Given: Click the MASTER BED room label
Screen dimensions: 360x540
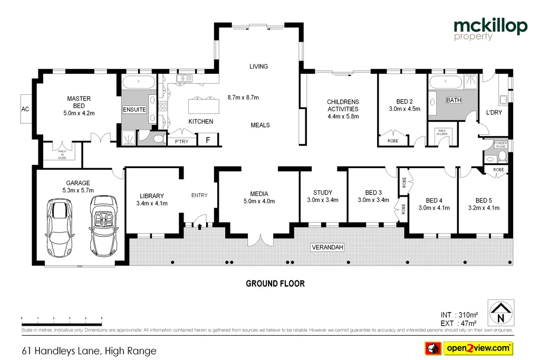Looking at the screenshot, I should tap(79, 105).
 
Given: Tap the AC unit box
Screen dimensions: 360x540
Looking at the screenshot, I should tap(25, 110).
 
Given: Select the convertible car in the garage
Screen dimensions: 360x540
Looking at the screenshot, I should tap(101, 224).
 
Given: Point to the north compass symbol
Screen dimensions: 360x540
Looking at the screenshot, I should tap(499, 313).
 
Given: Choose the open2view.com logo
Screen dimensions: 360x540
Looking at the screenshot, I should tap(468, 348).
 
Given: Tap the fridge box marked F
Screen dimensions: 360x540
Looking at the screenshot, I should tap(208, 141).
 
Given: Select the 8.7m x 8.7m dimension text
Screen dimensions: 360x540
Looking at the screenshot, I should tap(243, 98).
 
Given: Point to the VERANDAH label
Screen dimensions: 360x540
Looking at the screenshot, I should tap(326, 247).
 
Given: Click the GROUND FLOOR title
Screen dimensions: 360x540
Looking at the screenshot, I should tap(275, 284).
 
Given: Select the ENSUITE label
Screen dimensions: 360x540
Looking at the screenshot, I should tap(134, 110).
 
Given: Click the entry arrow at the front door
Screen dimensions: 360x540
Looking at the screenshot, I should tap(200, 227).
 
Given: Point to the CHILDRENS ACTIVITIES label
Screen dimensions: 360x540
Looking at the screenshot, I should tap(343, 109).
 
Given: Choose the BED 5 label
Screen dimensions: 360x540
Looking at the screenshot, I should tap(484, 204).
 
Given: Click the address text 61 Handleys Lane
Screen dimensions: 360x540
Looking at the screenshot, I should tap(89, 351).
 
